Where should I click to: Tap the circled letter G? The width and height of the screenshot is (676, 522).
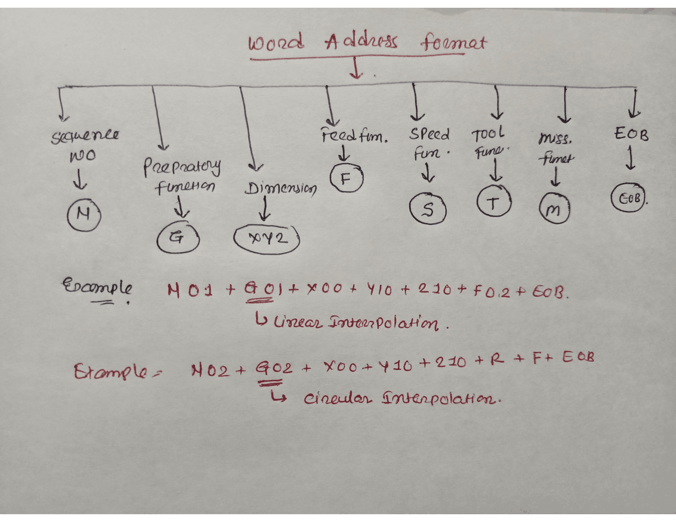pos(177,239)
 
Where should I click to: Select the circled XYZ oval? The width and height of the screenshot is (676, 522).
pos(267,239)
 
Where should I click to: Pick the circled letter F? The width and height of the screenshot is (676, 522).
pos(346,179)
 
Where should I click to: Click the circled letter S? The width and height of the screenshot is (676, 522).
pos(428,210)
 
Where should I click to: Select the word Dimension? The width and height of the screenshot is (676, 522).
pos(281,189)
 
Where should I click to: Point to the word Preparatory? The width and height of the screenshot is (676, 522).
pos(182,167)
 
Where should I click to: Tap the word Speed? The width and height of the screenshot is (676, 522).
pos(429,135)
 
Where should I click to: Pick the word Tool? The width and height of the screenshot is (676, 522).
pos(488,133)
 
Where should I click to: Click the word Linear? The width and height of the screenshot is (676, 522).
pos(297,322)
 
